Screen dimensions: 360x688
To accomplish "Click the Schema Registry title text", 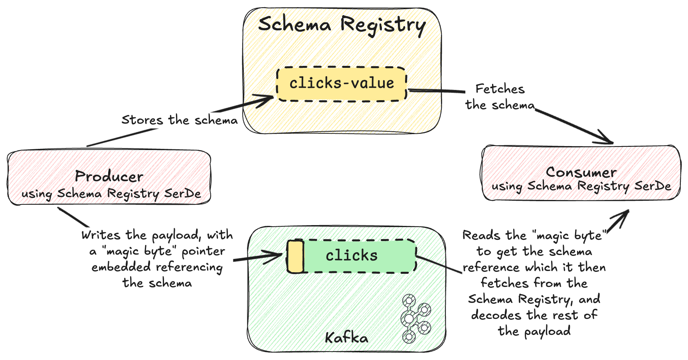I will click(x=342, y=25).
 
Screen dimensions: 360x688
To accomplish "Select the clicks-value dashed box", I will click(x=342, y=83).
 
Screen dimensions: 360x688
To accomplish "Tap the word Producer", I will click(x=109, y=176).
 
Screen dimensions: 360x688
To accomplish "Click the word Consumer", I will click(x=581, y=172).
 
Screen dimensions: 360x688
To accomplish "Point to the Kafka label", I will click(x=346, y=338).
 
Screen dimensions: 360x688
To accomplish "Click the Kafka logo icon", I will click(x=415, y=318).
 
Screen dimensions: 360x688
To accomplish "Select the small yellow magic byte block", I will click(x=295, y=257).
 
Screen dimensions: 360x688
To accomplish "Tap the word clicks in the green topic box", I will click(x=352, y=255).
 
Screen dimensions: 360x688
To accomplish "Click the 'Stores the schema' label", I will click(x=179, y=120).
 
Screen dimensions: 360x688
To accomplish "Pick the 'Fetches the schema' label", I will click(x=500, y=97).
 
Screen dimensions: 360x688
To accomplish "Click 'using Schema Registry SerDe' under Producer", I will click(x=111, y=194).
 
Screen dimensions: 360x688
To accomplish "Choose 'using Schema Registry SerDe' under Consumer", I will click(x=581, y=186).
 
